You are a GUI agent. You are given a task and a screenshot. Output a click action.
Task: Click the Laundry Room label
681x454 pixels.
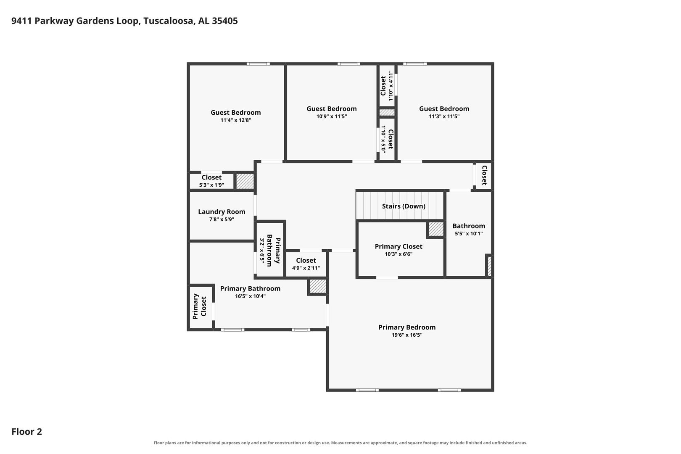pos(222,211)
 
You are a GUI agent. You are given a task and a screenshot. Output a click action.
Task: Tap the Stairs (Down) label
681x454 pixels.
pos(404,206)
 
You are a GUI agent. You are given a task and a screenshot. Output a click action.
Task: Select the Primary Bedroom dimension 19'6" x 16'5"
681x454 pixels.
pos(407,335)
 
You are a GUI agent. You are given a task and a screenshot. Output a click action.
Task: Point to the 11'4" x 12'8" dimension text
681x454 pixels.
pos(235,120)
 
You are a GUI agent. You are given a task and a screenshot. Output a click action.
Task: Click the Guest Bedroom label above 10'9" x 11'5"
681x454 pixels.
pos(331,108)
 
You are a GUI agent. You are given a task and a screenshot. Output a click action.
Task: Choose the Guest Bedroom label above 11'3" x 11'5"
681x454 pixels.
pos(444,108)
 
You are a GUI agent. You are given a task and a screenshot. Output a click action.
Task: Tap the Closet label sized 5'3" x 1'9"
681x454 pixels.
pos(211,177)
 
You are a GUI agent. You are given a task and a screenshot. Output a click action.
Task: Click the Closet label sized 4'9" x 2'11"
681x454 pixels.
pos(306,260)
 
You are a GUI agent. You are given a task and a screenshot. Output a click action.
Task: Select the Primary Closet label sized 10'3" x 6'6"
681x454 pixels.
pos(398,246)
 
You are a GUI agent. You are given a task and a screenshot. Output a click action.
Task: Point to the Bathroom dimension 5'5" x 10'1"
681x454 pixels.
pos(468,234)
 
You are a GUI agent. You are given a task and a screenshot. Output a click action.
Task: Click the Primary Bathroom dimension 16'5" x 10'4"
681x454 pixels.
pos(250,296)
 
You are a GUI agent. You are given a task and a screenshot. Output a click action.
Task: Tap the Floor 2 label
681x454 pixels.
pos(27,431)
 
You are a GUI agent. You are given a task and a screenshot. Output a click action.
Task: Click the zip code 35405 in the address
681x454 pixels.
pos(224,21)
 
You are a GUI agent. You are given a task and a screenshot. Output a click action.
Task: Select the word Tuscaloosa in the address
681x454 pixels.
pos(169,21)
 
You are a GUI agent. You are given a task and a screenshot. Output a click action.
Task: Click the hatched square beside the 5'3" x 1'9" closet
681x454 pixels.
pos(245,181)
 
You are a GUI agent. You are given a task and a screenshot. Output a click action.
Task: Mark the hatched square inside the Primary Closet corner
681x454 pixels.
pos(436,229)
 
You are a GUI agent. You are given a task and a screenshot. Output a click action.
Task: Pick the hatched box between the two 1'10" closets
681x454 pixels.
pos(387,113)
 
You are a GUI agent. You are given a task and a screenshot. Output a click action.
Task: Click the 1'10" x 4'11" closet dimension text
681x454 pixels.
pos(391,86)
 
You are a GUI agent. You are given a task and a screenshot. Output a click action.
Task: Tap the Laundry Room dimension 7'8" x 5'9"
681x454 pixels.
pos(222,219)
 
